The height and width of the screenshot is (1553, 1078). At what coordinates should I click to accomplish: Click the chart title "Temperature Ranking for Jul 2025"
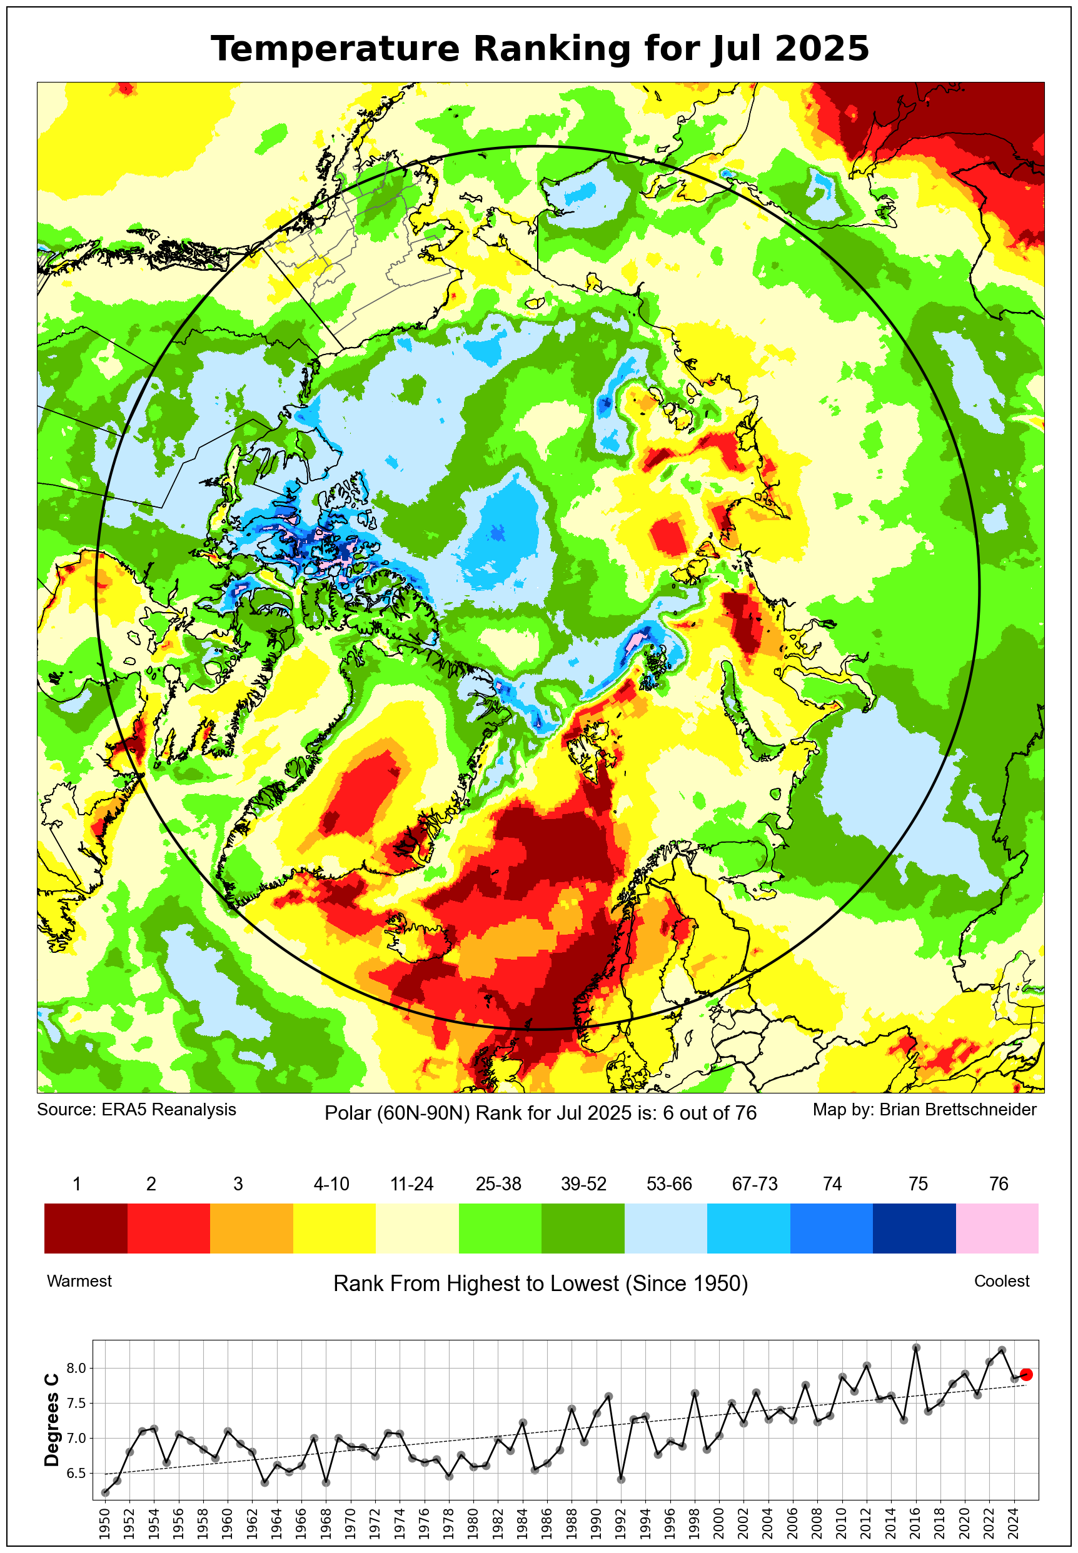[x=539, y=49]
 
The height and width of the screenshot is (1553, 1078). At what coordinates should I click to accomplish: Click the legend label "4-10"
[x=331, y=1184]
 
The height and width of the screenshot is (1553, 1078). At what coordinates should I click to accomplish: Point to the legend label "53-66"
[x=668, y=1184]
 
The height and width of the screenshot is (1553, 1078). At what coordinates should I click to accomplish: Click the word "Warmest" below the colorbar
[x=79, y=1281]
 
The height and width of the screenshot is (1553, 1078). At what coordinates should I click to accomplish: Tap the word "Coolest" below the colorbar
[x=1001, y=1281]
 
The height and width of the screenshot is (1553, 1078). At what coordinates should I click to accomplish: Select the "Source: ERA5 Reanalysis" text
[x=136, y=1109]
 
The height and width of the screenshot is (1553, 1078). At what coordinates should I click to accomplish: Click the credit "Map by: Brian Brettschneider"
[x=924, y=1109]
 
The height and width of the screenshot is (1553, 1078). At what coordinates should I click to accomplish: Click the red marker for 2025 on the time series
[x=1026, y=1374]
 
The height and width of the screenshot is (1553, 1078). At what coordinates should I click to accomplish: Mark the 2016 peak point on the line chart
[x=916, y=1347]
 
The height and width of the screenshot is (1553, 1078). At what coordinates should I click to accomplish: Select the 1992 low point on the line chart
[x=622, y=1479]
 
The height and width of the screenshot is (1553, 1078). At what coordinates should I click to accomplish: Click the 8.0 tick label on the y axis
[x=76, y=1368]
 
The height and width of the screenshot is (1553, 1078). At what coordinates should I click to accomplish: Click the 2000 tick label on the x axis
[x=718, y=1522]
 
